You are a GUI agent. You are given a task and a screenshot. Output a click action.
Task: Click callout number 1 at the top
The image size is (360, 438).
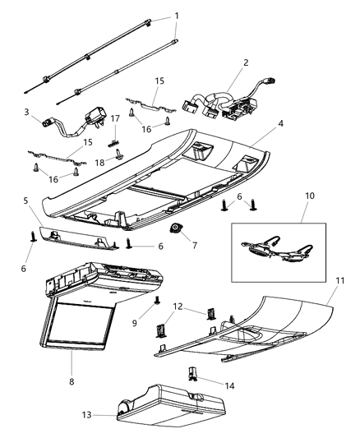point(174,16)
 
